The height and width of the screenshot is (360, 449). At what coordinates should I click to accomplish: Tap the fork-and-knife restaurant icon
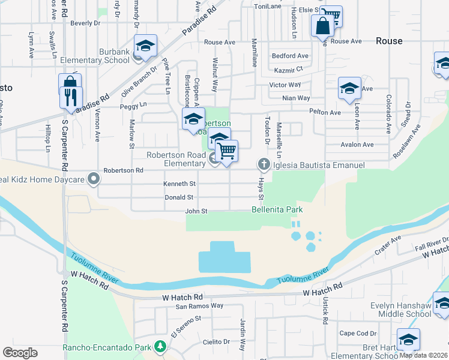point(71,97)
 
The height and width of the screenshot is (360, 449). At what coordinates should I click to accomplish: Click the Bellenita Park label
point(277,210)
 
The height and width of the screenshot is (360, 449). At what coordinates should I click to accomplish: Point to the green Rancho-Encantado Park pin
point(160,347)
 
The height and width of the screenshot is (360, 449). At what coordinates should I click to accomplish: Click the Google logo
point(20,352)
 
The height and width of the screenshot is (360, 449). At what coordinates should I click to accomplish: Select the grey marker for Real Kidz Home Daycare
point(93,178)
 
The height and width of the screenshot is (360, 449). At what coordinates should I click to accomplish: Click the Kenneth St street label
point(180,184)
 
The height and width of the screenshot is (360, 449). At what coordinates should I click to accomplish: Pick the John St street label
point(196,211)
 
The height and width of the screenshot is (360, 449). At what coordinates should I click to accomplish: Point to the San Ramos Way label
point(199,306)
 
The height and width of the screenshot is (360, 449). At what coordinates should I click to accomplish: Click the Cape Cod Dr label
point(358,333)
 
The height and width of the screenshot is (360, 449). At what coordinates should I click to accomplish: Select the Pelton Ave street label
point(325,112)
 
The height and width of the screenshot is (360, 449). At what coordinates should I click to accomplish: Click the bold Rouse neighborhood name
point(389,41)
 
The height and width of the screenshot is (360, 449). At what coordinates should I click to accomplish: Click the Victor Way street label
point(285,85)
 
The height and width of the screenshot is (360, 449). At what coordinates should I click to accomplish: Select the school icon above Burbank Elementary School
point(144,45)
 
